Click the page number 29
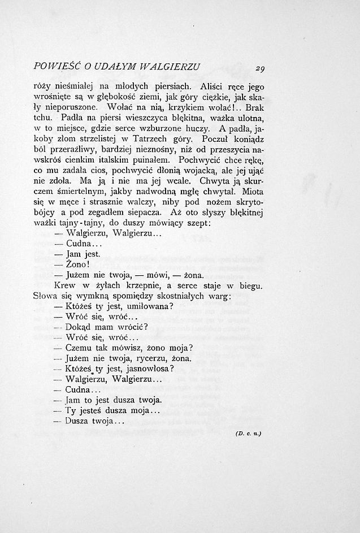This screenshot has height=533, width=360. [x=260, y=69]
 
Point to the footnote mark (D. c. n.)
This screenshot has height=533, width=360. [x=248, y=434]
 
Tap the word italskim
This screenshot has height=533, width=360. [x=114, y=159]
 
